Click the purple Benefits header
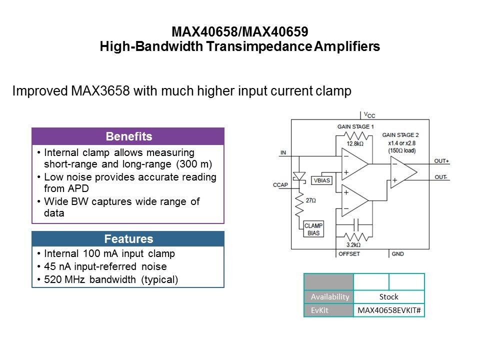coord(128,136)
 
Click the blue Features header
coord(128,239)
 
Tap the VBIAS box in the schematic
coord(321,180)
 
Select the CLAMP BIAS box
coord(314,229)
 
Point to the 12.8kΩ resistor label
coord(355,144)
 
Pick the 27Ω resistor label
coord(310,200)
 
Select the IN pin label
coord(283,152)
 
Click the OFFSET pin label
coord(349,254)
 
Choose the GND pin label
coord(398,254)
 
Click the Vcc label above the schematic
coord(368,114)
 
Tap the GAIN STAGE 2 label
coord(400,135)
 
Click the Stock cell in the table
coord(389,296)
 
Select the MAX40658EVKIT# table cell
coord(389,310)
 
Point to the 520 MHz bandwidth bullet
coord(111,279)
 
